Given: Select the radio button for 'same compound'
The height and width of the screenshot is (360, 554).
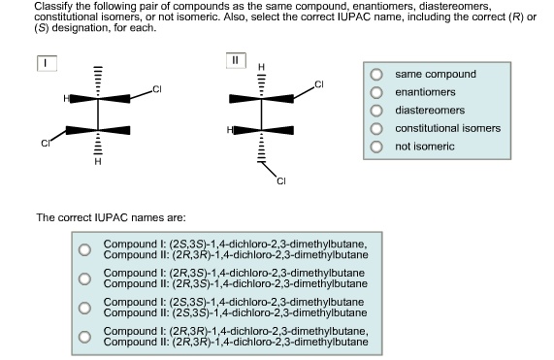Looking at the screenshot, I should [376, 74].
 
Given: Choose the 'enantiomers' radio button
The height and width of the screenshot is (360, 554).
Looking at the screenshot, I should [376, 92].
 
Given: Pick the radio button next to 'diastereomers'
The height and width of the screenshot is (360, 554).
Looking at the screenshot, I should [376, 111].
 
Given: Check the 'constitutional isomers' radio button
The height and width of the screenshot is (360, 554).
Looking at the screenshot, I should [376, 128].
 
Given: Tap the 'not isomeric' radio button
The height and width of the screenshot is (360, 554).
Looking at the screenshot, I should [376, 147].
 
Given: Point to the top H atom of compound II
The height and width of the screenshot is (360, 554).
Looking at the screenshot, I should [260, 66].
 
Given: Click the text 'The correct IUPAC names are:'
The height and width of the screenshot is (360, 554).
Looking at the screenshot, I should [105, 217].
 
